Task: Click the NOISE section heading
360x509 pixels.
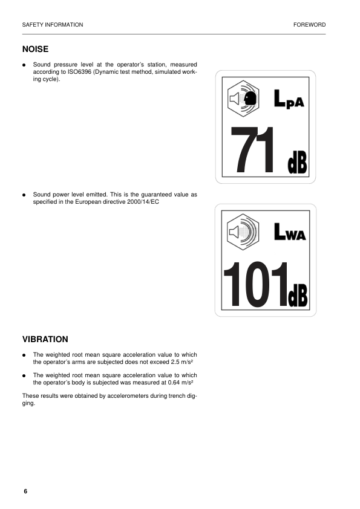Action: (35, 49)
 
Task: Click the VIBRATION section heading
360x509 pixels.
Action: (45, 340)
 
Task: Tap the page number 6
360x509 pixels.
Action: (25, 491)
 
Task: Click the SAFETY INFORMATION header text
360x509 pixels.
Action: (52, 25)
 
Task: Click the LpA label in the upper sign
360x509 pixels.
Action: (289, 100)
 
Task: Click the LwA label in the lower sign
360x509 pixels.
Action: (290, 233)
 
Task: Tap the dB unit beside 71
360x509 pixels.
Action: (296, 163)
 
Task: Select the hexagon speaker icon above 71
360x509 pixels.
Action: (244, 97)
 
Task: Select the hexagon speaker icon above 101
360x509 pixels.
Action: (243, 230)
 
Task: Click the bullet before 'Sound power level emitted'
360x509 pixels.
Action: (24, 195)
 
